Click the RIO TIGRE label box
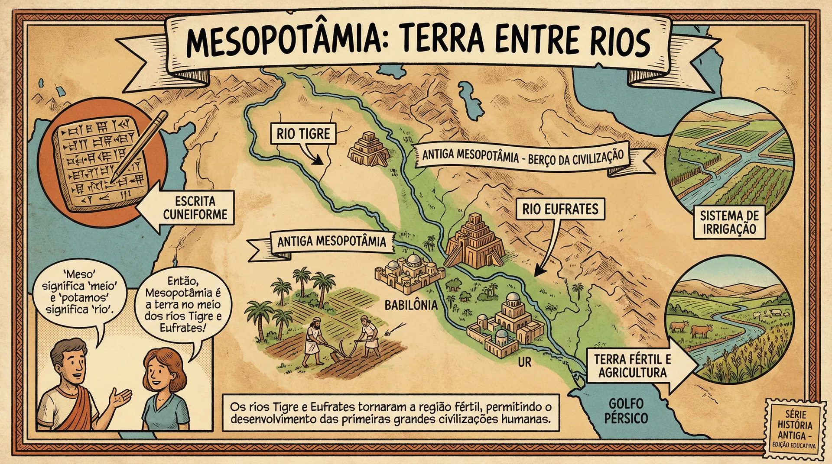[303, 134]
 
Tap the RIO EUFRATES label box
[560, 209]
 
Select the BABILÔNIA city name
[411, 305]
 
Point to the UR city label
[524, 362]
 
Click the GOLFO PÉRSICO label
[626, 411]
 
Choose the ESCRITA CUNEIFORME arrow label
[191, 208]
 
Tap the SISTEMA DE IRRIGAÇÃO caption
[729, 222]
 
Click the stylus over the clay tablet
[139, 147]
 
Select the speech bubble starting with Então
[183, 305]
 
